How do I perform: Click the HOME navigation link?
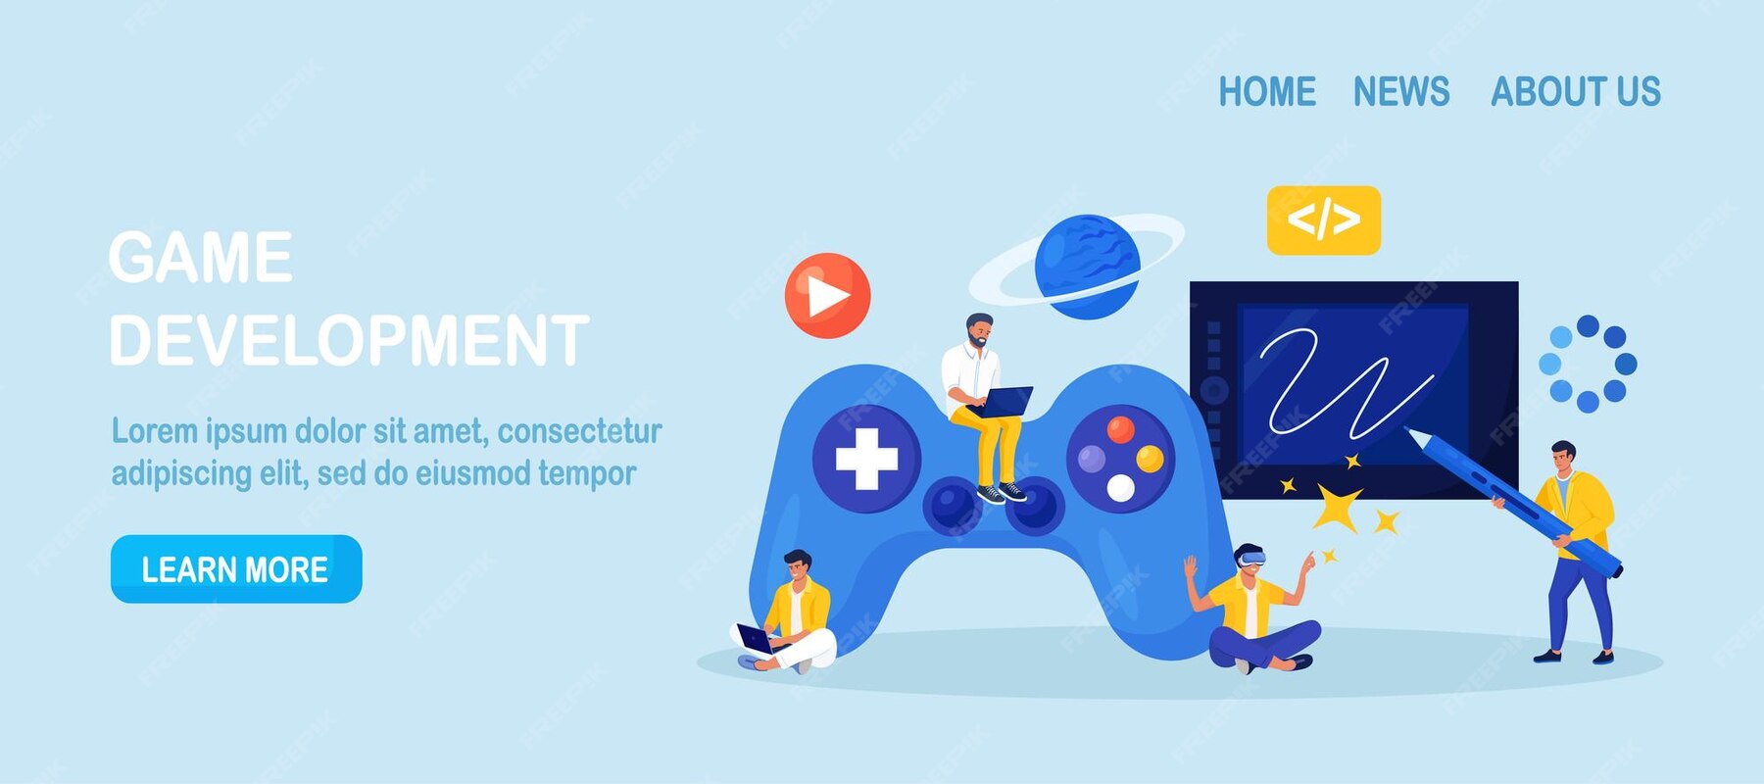click(1266, 92)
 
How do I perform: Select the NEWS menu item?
click(1400, 92)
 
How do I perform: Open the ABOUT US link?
click(1575, 92)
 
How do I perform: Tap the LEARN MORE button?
click(236, 569)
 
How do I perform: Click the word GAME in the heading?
click(201, 258)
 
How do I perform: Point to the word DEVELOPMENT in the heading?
click(349, 341)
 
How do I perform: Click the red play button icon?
click(828, 296)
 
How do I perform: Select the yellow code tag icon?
click(1323, 220)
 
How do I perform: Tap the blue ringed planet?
click(1086, 267)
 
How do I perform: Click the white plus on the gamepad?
click(866, 458)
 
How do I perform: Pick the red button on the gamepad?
click(1120, 428)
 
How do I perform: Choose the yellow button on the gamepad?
click(1150, 459)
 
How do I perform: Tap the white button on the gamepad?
click(1120, 487)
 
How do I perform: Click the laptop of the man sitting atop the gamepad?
click(1005, 401)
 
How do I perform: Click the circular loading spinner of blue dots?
click(1588, 364)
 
